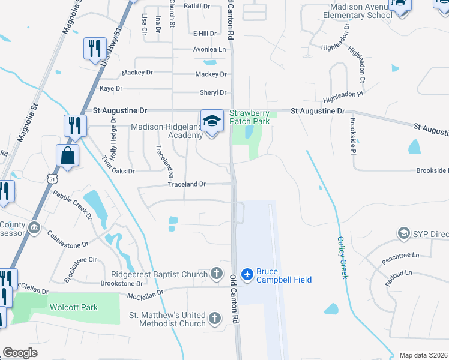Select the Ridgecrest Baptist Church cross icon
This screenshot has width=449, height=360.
coord(217,274)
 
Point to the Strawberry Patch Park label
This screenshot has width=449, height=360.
coord(250,116)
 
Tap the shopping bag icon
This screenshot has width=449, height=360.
coord(67,155)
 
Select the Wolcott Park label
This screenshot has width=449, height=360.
coord(73,307)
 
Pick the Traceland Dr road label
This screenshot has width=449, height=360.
coord(187,184)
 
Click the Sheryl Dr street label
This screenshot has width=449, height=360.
coord(213,92)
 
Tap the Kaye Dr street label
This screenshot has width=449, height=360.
coord(110,88)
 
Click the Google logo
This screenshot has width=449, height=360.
coord(20,353)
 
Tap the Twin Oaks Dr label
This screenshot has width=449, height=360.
coord(118,170)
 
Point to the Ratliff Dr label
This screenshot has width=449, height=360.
coord(197,7)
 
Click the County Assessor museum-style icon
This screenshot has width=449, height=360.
coord(34,229)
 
